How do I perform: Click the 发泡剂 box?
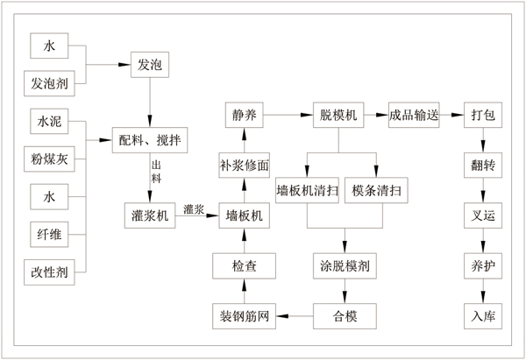tap(48, 84)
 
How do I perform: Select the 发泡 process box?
tap(147, 65)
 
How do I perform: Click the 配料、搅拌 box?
tap(152, 138)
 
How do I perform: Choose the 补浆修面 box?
tap(244, 164)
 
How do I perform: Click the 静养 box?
tap(244, 114)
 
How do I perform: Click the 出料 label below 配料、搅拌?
tap(157, 171)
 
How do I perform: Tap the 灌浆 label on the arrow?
tap(195, 209)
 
